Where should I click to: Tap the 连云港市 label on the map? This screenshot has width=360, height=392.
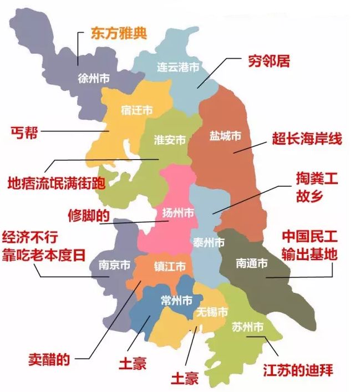[178, 68]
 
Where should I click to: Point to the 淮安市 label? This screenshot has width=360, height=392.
[170, 140]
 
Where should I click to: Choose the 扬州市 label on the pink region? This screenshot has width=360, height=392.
[178, 213]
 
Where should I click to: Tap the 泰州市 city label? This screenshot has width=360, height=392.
[209, 242]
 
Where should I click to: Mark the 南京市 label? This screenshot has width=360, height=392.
[114, 265]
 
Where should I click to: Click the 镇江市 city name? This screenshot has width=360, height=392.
[169, 266]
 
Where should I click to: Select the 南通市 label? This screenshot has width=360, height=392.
[251, 262]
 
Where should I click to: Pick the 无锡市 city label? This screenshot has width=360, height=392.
[211, 312]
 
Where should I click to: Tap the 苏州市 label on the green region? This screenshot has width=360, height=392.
[247, 327]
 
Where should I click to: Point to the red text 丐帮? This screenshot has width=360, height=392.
[22, 132]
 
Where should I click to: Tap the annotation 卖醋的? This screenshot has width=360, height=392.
[49, 359]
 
